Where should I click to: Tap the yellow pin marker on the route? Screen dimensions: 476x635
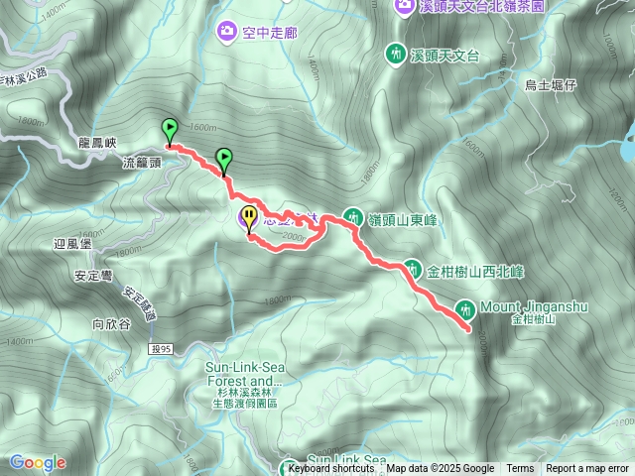pyautogui.click(x=248, y=217)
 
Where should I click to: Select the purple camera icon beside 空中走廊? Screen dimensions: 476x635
pyautogui.click(x=228, y=32)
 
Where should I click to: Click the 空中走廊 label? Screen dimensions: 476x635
pyautogui.click(x=270, y=32)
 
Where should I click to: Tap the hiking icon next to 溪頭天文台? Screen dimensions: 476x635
pyautogui.click(x=396, y=55)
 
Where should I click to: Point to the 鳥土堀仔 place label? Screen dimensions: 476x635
pyautogui.click(x=551, y=85)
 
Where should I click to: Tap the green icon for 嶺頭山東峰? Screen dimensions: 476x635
pyautogui.click(x=352, y=216)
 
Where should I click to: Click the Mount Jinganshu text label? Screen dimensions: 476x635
pyautogui.click(x=534, y=307)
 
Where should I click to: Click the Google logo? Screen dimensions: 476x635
pyautogui.click(x=38, y=462)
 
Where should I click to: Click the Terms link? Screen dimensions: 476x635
pyautogui.click(x=520, y=469)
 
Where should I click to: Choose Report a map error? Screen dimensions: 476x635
pyautogui.click(x=588, y=469)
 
